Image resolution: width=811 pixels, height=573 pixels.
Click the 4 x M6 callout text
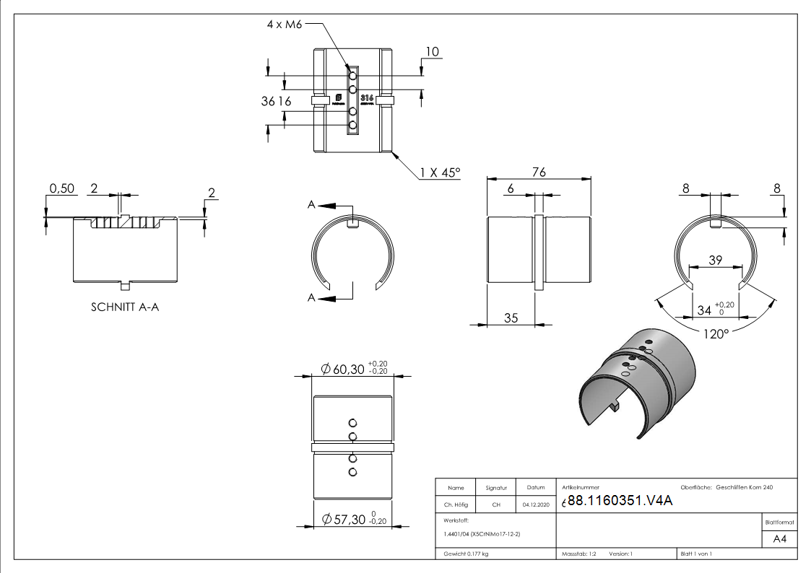click(x=284, y=24)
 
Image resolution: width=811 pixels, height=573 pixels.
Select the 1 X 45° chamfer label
click(x=439, y=172)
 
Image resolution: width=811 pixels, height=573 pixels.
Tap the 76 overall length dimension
click(x=539, y=172)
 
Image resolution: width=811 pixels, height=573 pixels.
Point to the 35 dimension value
click(x=511, y=317)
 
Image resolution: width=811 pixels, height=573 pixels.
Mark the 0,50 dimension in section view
click(x=61, y=189)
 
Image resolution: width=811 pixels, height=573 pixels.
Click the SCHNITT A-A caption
click(x=126, y=306)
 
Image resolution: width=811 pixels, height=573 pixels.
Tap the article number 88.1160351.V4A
click(x=620, y=502)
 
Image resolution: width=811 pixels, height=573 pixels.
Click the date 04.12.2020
click(x=535, y=504)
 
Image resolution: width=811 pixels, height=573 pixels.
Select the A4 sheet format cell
click(x=780, y=539)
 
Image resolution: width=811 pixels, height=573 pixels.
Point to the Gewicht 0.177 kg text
click(x=466, y=554)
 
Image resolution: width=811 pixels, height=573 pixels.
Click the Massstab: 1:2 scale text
click(x=578, y=554)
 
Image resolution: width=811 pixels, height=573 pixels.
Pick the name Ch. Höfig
click(x=456, y=504)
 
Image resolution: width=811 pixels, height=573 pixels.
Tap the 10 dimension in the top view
click(x=432, y=51)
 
